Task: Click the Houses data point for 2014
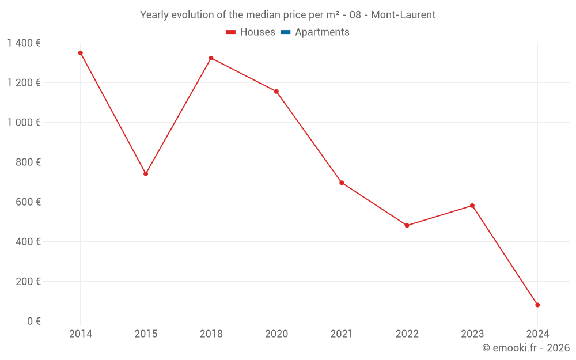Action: (81, 53)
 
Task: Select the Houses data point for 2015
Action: (146, 173)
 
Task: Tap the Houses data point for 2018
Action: (211, 58)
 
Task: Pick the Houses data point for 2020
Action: (276, 92)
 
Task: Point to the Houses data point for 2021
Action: (342, 183)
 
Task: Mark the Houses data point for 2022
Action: (407, 225)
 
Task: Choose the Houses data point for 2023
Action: (472, 206)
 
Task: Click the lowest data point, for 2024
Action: (537, 305)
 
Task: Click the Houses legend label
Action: (257, 32)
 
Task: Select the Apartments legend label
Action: (322, 32)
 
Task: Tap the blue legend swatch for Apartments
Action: (285, 32)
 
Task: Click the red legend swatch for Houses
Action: (230, 32)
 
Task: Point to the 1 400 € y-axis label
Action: (24, 43)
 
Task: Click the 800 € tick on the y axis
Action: (29, 162)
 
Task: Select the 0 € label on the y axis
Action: (34, 321)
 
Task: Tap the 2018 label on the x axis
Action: (211, 334)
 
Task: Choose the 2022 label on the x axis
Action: (407, 334)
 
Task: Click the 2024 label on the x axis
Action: (537, 334)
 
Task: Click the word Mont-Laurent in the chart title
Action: (403, 15)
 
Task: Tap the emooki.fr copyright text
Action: (525, 348)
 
